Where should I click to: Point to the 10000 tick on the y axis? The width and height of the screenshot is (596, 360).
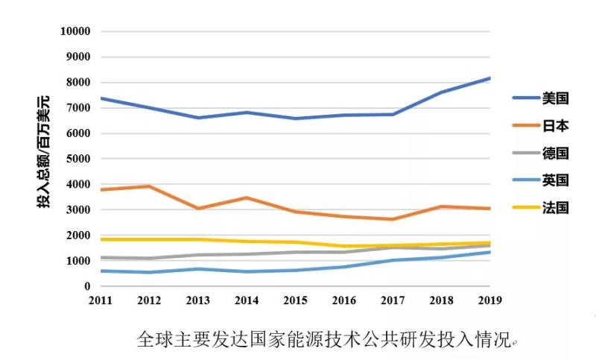(75, 31)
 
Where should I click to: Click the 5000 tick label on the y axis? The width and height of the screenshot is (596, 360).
(78, 159)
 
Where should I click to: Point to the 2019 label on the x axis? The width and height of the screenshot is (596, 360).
(489, 300)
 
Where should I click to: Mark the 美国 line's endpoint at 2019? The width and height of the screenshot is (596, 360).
(489, 78)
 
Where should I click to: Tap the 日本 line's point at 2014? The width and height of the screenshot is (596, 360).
(246, 198)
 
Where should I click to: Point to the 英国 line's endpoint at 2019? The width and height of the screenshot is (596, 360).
(489, 252)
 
